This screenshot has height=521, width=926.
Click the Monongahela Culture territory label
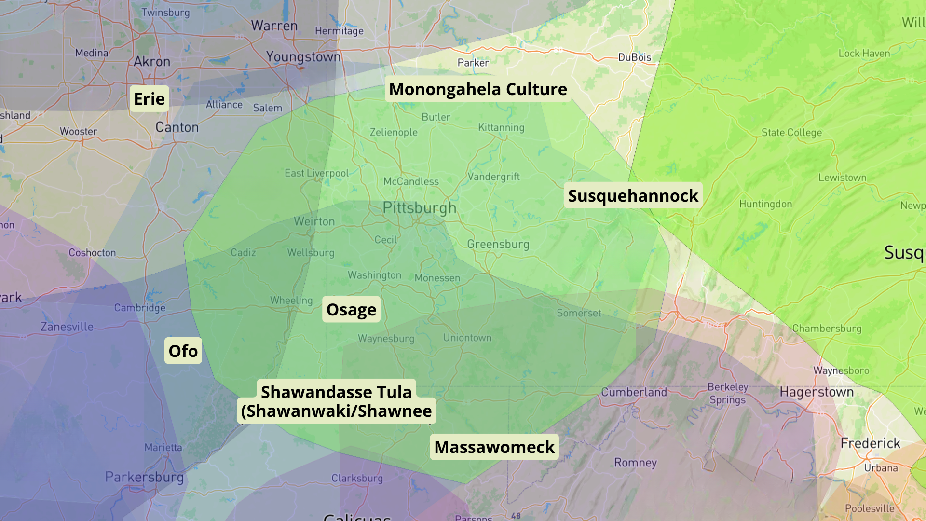point(478,89)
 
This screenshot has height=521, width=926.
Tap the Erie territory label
point(149,99)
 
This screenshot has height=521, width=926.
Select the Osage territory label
point(351,310)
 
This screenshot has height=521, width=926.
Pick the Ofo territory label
point(183,351)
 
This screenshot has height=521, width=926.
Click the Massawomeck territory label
point(494,447)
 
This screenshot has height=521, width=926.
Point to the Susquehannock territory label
point(633,196)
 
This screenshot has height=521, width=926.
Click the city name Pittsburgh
point(419,208)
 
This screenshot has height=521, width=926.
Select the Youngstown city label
point(303,57)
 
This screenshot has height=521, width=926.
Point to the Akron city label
point(152,62)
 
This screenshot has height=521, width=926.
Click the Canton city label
point(177,127)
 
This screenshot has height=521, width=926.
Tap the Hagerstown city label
point(817,392)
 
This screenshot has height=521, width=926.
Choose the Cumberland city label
point(634,392)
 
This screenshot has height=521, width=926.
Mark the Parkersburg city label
point(145,477)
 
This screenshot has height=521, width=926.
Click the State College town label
point(791,133)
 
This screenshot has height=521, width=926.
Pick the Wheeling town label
point(291,301)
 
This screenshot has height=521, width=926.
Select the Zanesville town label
point(67,327)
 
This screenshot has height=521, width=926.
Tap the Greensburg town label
point(498,245)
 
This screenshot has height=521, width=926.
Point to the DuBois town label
point(635,57)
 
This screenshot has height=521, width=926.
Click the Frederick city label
point(870,443)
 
